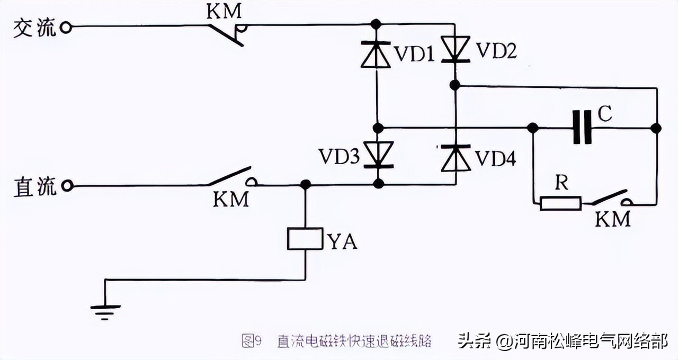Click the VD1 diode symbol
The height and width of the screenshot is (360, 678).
[376, 54]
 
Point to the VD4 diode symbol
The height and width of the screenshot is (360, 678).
[455, 158]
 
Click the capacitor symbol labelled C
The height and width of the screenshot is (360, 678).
[582, 128]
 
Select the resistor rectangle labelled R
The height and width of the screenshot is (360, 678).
[560, 203]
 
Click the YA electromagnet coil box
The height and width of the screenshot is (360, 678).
[305, 239]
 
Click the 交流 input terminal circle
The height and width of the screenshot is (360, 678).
[66, 27]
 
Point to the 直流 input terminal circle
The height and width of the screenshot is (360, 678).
[66, 186]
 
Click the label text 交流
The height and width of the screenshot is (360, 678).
[34, 28]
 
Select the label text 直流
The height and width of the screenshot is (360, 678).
[34, 187]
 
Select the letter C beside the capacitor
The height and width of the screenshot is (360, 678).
[605, 112]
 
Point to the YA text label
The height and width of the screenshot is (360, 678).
[342, 241]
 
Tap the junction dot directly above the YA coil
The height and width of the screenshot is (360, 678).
[305, 184]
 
